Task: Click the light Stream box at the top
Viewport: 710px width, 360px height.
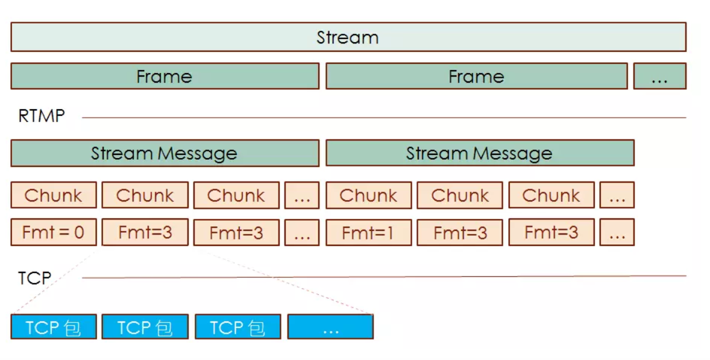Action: [x=348, y=37]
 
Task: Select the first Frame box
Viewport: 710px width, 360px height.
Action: [x=165, y=77]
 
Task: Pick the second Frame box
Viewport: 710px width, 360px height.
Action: [x=476, y=77]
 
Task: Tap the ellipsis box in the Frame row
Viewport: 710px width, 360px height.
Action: [x=659, y=77]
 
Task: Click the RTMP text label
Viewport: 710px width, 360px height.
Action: [x=41, y=116]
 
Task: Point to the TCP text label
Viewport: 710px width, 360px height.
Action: [x=34, y=278]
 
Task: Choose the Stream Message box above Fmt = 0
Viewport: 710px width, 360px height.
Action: [x=165, y=153]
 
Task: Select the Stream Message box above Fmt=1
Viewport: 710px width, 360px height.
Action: [x=480, y=153]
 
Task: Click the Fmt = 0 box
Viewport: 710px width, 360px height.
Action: [x=54, y=232]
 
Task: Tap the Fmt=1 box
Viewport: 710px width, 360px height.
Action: [x=368, y=232]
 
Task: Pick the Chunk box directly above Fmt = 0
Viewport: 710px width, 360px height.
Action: [x=54, y=195]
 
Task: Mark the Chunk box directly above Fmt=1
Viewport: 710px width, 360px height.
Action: [x=368, y=195]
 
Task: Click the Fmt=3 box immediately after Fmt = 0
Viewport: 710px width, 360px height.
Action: [x=145, y=232]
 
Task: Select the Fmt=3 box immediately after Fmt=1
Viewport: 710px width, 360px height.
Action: [x=460, y=232]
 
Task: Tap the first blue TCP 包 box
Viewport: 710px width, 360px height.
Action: [x=54, y=327]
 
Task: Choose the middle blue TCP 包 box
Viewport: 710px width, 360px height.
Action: [x=145, y=327]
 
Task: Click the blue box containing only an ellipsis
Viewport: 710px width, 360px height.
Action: [x=330, y=327]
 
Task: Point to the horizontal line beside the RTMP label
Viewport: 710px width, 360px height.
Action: [x=386, y=118]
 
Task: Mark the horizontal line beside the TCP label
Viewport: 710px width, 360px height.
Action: [x=386, y=277]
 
